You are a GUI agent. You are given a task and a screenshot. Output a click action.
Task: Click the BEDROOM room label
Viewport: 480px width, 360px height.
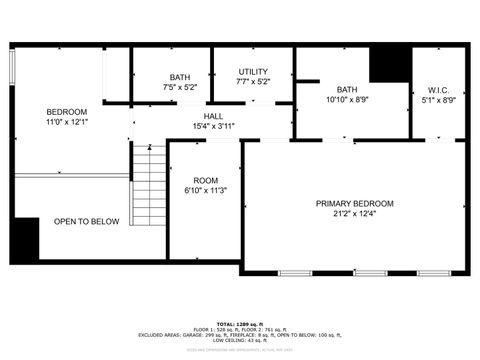[x=67, y=111]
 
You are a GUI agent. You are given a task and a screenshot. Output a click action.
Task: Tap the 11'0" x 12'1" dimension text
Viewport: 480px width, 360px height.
[x=67, y=122]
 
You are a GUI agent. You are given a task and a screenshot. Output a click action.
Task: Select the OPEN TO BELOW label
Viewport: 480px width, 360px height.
[x=86, y=221]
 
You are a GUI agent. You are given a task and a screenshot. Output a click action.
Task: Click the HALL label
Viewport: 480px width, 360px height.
[x=213, y=116]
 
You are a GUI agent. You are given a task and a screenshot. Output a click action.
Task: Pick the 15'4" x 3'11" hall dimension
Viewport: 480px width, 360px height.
[x=213, y=127]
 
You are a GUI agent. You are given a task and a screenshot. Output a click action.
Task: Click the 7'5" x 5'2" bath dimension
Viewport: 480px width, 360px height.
[x=179, y=88]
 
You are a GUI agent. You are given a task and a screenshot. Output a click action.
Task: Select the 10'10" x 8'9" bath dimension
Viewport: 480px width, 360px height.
[x=347, y=99]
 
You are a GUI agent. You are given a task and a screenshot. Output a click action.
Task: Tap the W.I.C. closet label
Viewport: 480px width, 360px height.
[x=439, y=89]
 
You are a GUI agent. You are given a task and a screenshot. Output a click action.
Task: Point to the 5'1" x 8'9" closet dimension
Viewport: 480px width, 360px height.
[x=439, y=100]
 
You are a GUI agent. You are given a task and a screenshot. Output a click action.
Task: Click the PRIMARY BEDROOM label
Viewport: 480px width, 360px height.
[x=354, y=204]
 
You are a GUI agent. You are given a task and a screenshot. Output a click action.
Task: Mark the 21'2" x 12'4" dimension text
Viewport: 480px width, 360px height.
[x=354, y=215]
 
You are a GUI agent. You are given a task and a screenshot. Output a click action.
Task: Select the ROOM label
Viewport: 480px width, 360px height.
[x=205, y=180]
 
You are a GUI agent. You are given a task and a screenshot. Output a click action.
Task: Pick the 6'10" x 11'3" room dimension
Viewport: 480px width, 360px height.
[x=205, y=191]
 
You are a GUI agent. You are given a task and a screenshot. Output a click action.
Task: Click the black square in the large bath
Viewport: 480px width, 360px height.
[x=389, y=64]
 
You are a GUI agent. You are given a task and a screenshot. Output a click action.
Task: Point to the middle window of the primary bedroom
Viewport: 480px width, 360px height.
[x=370, y=273]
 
